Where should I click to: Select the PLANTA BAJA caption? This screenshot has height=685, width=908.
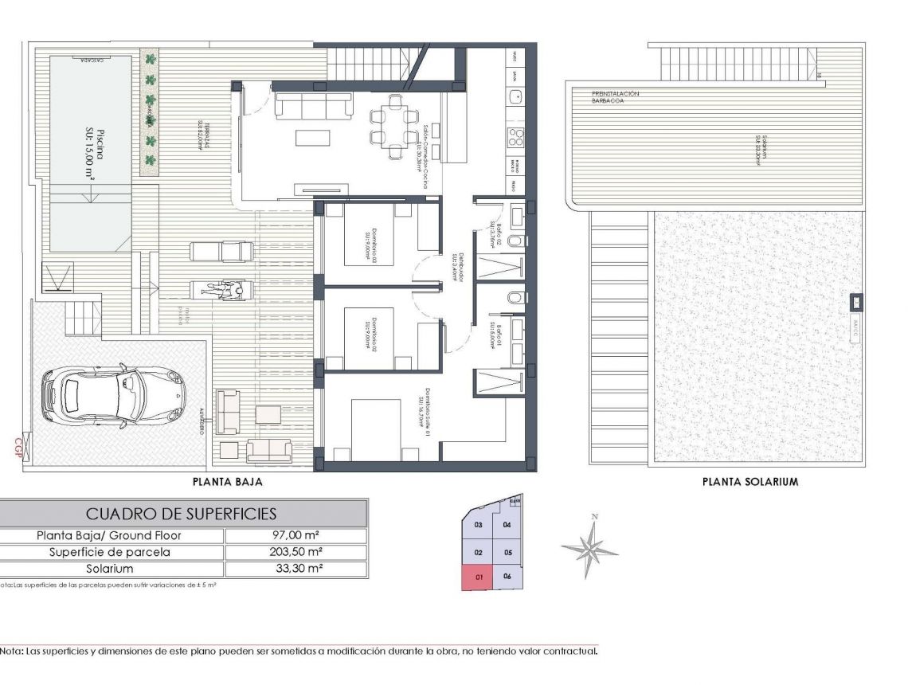click(x=228, y=482)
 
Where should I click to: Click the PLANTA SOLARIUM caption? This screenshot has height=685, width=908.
click(x=749, y=482)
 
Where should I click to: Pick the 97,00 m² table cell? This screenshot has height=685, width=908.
click(x=296, y=536)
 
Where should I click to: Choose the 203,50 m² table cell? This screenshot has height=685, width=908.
click(x=296, y=553)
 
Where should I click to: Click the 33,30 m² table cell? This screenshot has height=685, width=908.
click(x=296, y=570)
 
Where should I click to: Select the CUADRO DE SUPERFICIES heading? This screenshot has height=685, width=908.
click(x=182, y=514)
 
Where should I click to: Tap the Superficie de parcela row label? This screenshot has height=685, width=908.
click(x=110, y=553)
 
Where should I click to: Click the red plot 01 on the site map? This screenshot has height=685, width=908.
click(x=478, y=577)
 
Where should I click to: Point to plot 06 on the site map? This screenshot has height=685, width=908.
click(x=507, y=577)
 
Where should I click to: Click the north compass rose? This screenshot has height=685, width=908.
click(x=589, y=548)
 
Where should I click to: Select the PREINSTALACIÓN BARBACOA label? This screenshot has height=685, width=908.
click(x=614, y=97)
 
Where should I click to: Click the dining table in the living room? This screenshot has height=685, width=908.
click(x=393, y=127)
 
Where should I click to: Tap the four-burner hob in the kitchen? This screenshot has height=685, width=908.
click(x=515, y=136)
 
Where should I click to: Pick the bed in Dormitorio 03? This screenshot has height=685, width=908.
click(x=373, y=235)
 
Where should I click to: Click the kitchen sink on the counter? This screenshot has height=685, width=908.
click(x=515, y=96)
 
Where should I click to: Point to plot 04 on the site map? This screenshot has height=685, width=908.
click(x=507, y=525)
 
